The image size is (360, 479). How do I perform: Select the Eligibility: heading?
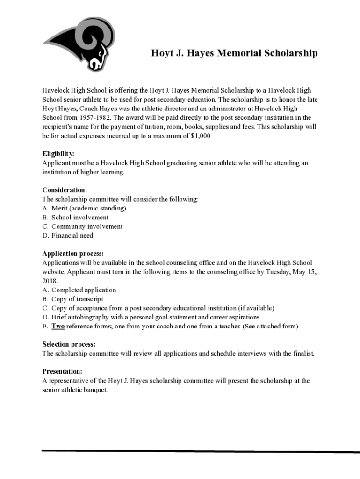tap(58, 154)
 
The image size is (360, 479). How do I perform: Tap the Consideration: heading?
tap(65, 190)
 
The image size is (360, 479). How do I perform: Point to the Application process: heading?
tap(73, 254)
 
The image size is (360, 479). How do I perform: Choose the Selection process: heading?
tap(69, 344)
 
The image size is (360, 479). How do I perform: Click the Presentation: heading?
tap(62, 371)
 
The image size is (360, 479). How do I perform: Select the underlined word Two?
tap(58, 326)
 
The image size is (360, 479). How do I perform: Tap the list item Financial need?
tap(72, 235)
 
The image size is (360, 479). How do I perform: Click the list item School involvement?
tap(80, 217)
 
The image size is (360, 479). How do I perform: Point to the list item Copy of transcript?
tap(77, 299)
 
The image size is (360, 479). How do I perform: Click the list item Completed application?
tap(84, 290)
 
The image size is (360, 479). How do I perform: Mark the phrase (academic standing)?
tap(97, 208)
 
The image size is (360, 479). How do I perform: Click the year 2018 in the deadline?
tap(50, 281)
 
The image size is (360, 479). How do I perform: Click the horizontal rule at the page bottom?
tap(201, 451)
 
